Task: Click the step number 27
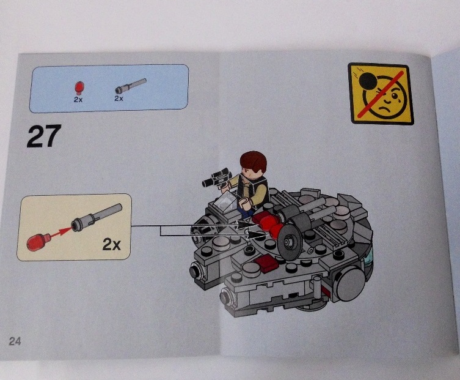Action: click(x=44, y=136)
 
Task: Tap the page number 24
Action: click(x=15, y=341)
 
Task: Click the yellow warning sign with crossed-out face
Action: click(x=381, y=94)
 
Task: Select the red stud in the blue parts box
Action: click(x=79, y=88)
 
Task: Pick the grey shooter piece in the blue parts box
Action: click(x=130, y=85)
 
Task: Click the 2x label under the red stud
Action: click(x=78, y=100)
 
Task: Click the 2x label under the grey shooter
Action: click(x=119, y=99)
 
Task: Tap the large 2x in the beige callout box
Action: click(x=111, y=244)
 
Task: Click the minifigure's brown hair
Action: click(x=253, y=162)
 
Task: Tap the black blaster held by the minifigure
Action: click(x=215, y=177)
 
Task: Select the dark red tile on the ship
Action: click(x=266, y=263)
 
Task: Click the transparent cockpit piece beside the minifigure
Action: click(x=225, y=202)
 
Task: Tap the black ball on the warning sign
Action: click(x=369, y=81)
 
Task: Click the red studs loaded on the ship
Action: click(x=268, y=224)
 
